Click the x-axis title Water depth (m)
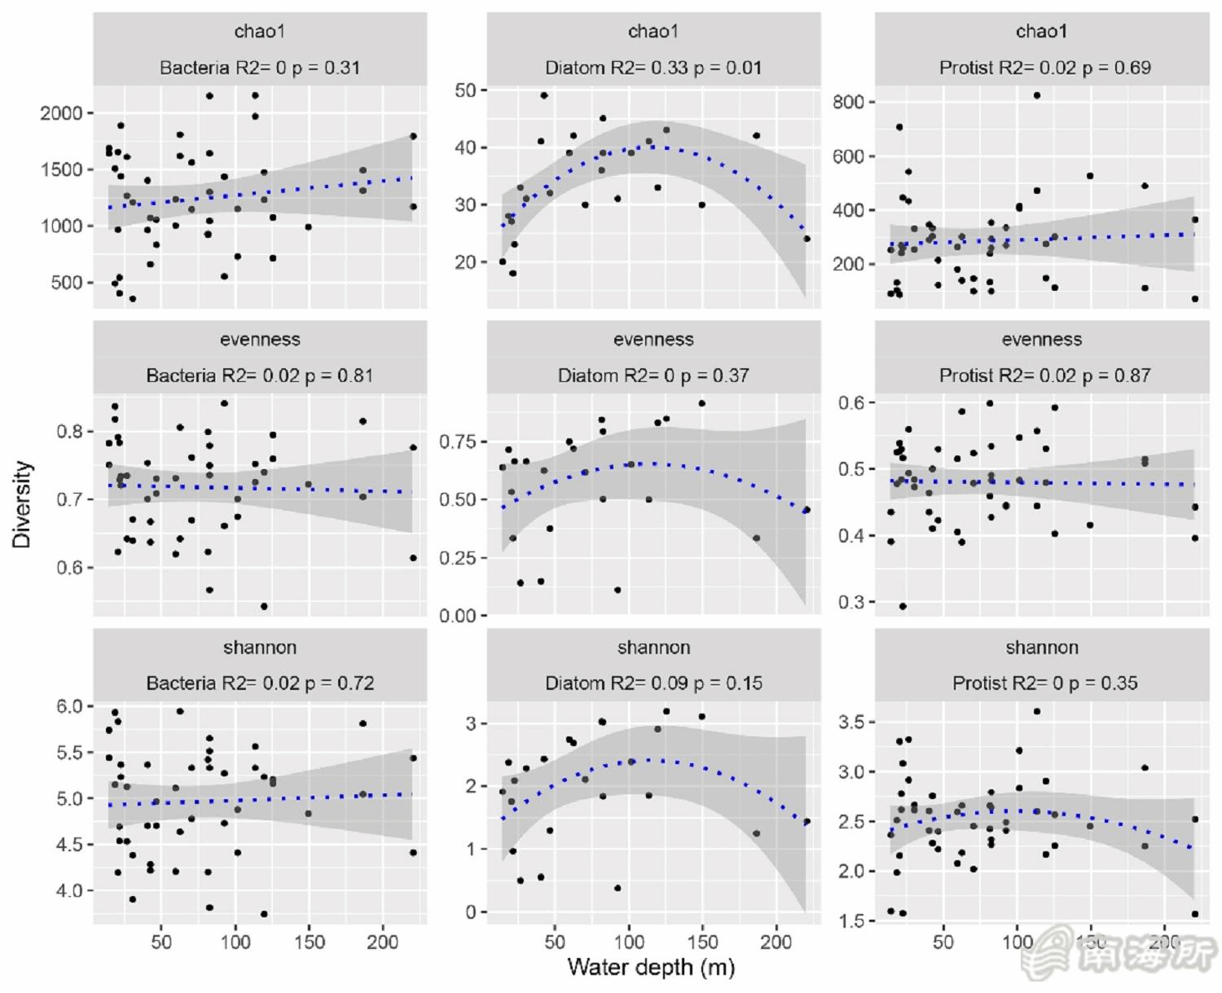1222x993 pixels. coord(650,967)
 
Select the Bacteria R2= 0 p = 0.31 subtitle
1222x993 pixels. coord(259,68)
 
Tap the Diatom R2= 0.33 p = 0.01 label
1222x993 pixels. coord(653,68)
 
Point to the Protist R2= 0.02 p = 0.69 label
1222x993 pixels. coord(1044,68)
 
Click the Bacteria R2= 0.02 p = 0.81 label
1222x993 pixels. coord(259,376)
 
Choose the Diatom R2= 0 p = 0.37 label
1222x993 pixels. coord(653,376)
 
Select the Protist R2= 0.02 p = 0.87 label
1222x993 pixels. coord(1044,376)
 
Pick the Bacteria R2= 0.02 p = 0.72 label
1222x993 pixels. coord(259,683)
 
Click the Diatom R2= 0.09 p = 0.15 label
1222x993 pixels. coord(653,683)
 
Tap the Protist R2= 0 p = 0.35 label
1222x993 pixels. coord(1044,683)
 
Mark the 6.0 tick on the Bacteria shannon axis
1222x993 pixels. coord(69,706)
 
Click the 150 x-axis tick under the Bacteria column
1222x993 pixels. coord(309,942)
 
